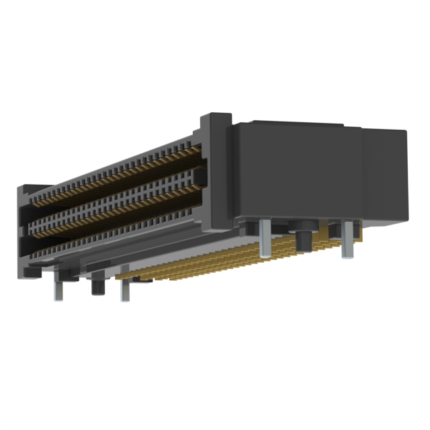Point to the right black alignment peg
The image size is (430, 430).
(304, 238)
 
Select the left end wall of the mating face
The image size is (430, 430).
(24, 228)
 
